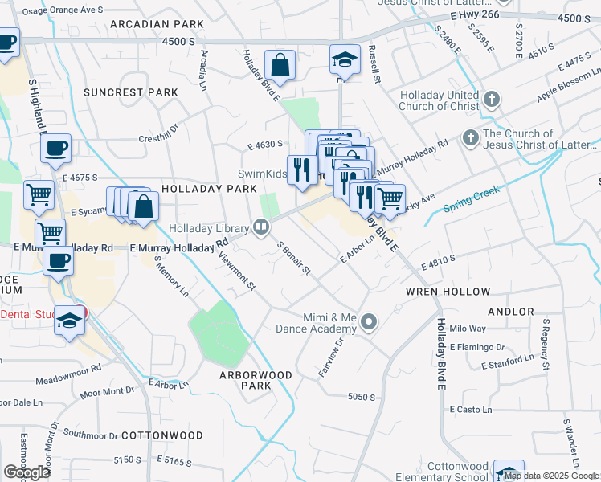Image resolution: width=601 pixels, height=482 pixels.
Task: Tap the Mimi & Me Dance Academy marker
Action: (x=369, y=323)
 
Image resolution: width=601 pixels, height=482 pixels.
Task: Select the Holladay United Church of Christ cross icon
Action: (x=492, y=100)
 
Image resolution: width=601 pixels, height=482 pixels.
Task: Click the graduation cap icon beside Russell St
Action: (x=344, y=61)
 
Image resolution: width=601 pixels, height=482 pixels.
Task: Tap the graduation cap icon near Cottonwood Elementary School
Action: (x=509, y=473)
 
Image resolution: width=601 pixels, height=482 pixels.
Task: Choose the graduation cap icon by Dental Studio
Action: (x=70, y=321)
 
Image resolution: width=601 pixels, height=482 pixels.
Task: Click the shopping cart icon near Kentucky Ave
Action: (x=390, y=198)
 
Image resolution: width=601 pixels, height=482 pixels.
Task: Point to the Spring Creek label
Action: (x=472, y=201)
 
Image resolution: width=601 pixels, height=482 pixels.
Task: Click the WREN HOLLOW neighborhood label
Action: (x=448, y=292)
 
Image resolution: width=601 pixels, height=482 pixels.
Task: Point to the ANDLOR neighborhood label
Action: (x=509, y=311)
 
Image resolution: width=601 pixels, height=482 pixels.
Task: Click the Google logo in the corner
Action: (x=27, y=472)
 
